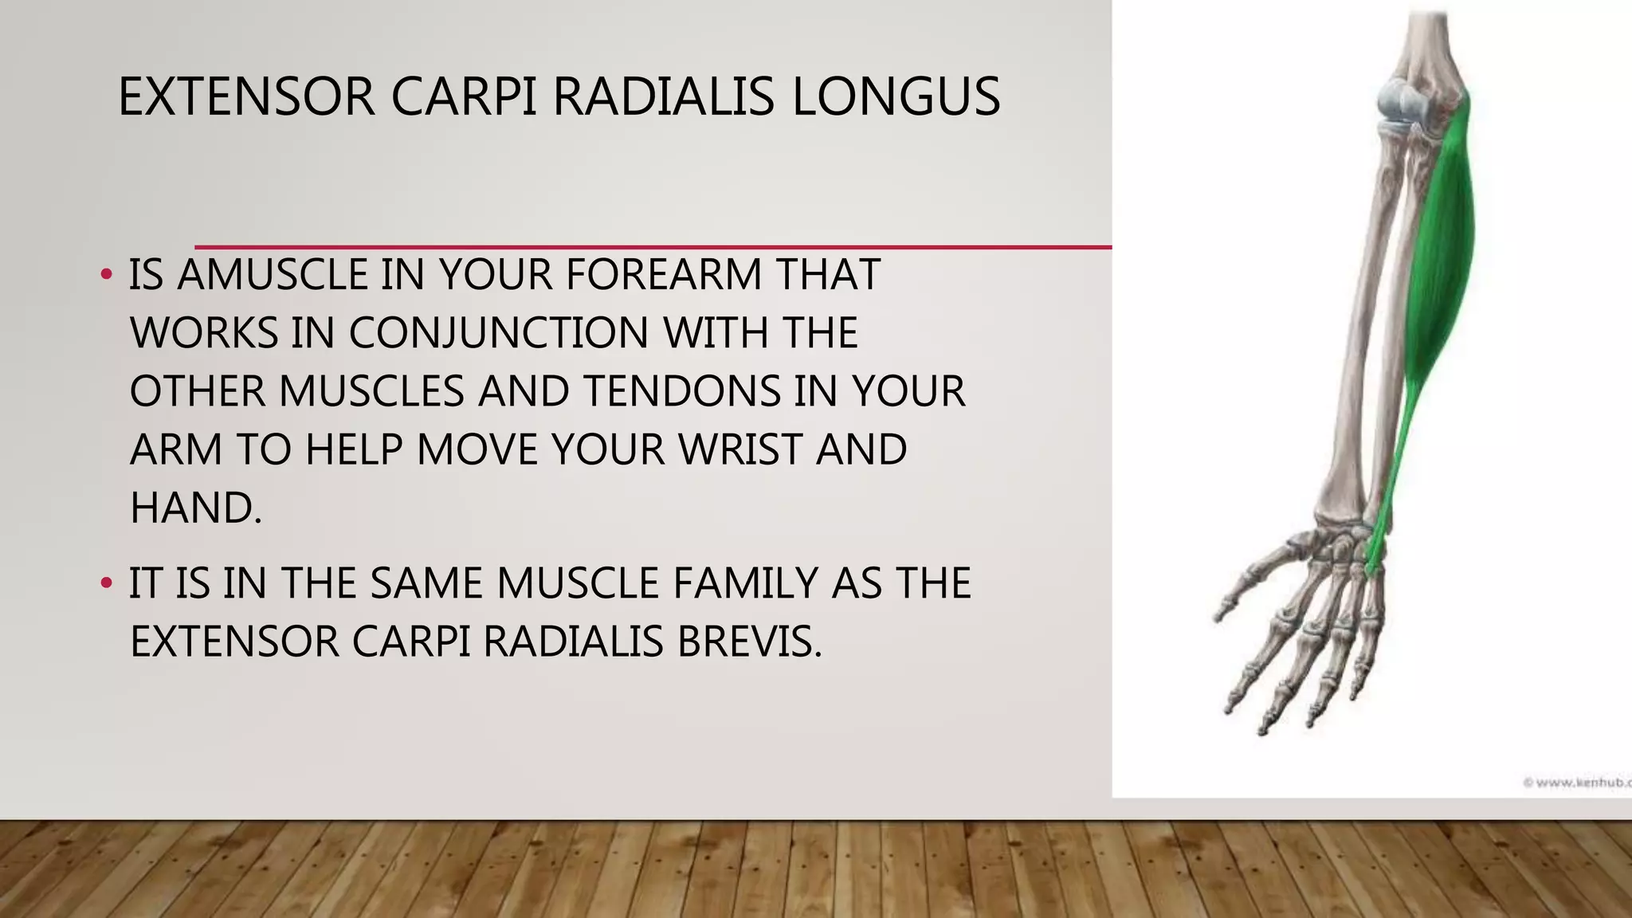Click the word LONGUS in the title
[x=895, y=97]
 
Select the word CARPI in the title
[x=463, y=97]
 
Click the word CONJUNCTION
[x=498, y=332]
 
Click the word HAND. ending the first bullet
[x=195, y=508]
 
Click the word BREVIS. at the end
[x=749, y=641]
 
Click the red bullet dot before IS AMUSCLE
[x=106, y=275]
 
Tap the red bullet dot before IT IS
[x=106, y=583]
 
